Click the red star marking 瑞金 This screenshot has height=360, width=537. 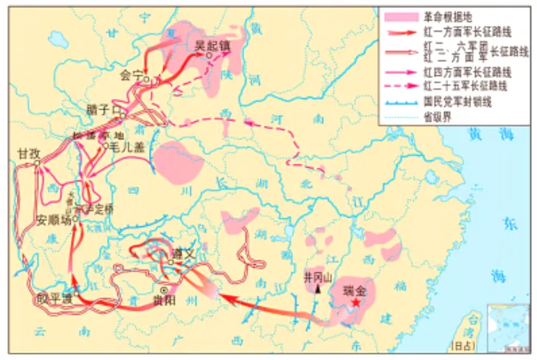point(356,302)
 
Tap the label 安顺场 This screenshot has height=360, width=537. point(55,220)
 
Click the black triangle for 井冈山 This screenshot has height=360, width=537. point(317,290)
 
